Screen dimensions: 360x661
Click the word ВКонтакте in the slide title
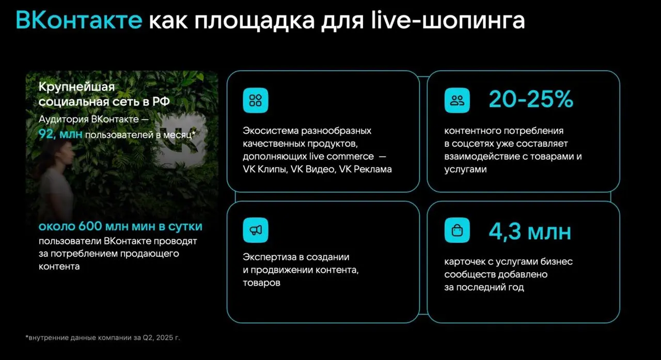78,21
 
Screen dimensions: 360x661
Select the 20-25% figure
531,100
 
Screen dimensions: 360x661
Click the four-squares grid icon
256,100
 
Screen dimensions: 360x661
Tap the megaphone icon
256,230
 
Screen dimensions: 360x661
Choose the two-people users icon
457,100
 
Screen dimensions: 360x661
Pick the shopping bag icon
457,230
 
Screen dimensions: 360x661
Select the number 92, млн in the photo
60,135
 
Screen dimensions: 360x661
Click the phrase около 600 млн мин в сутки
120,227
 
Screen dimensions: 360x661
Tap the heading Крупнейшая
76,87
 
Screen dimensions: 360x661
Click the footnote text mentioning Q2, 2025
103,338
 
